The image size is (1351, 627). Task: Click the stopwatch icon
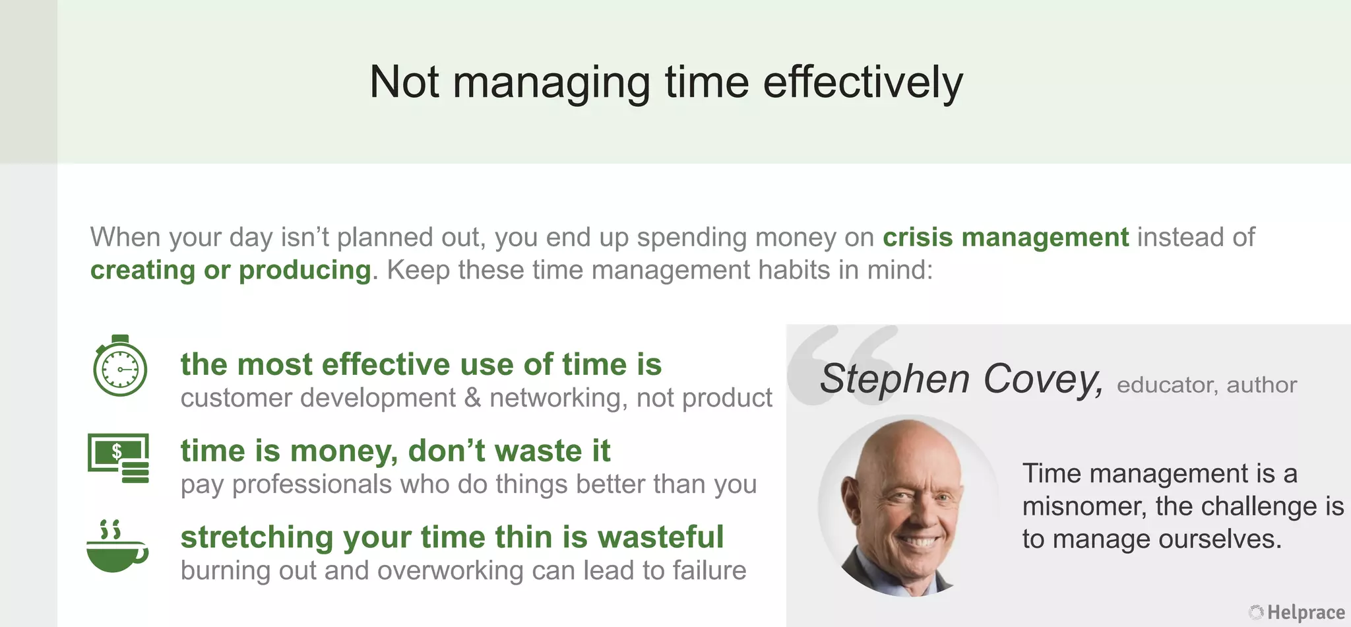pos(119,366)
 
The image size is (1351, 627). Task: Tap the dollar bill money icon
pos(119,457)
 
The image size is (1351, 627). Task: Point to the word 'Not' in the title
pos(404,82)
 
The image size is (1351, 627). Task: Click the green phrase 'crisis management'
pos(1005,238)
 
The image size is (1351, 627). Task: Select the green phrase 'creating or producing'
pos(230,271)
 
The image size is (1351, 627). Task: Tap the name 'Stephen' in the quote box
pos(895,379)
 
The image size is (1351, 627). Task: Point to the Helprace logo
pos(1297,612)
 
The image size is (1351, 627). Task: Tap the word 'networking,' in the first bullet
pos(558,398)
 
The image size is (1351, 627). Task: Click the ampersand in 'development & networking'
pos(472,398)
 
